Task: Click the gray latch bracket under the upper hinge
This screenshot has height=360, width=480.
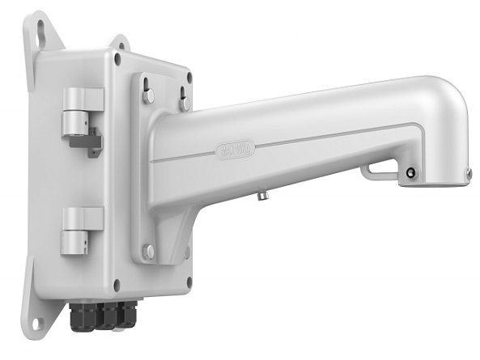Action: (x=86, y=142)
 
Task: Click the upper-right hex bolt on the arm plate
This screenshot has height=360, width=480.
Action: (x=185, y=102)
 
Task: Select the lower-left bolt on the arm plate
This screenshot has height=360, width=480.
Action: (x=148, y=252)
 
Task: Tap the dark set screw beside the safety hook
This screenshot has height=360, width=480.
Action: (x=411, y=172)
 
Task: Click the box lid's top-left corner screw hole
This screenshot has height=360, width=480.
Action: (x=117, y=59)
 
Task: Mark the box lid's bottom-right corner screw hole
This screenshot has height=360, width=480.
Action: (x=187, y=253)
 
